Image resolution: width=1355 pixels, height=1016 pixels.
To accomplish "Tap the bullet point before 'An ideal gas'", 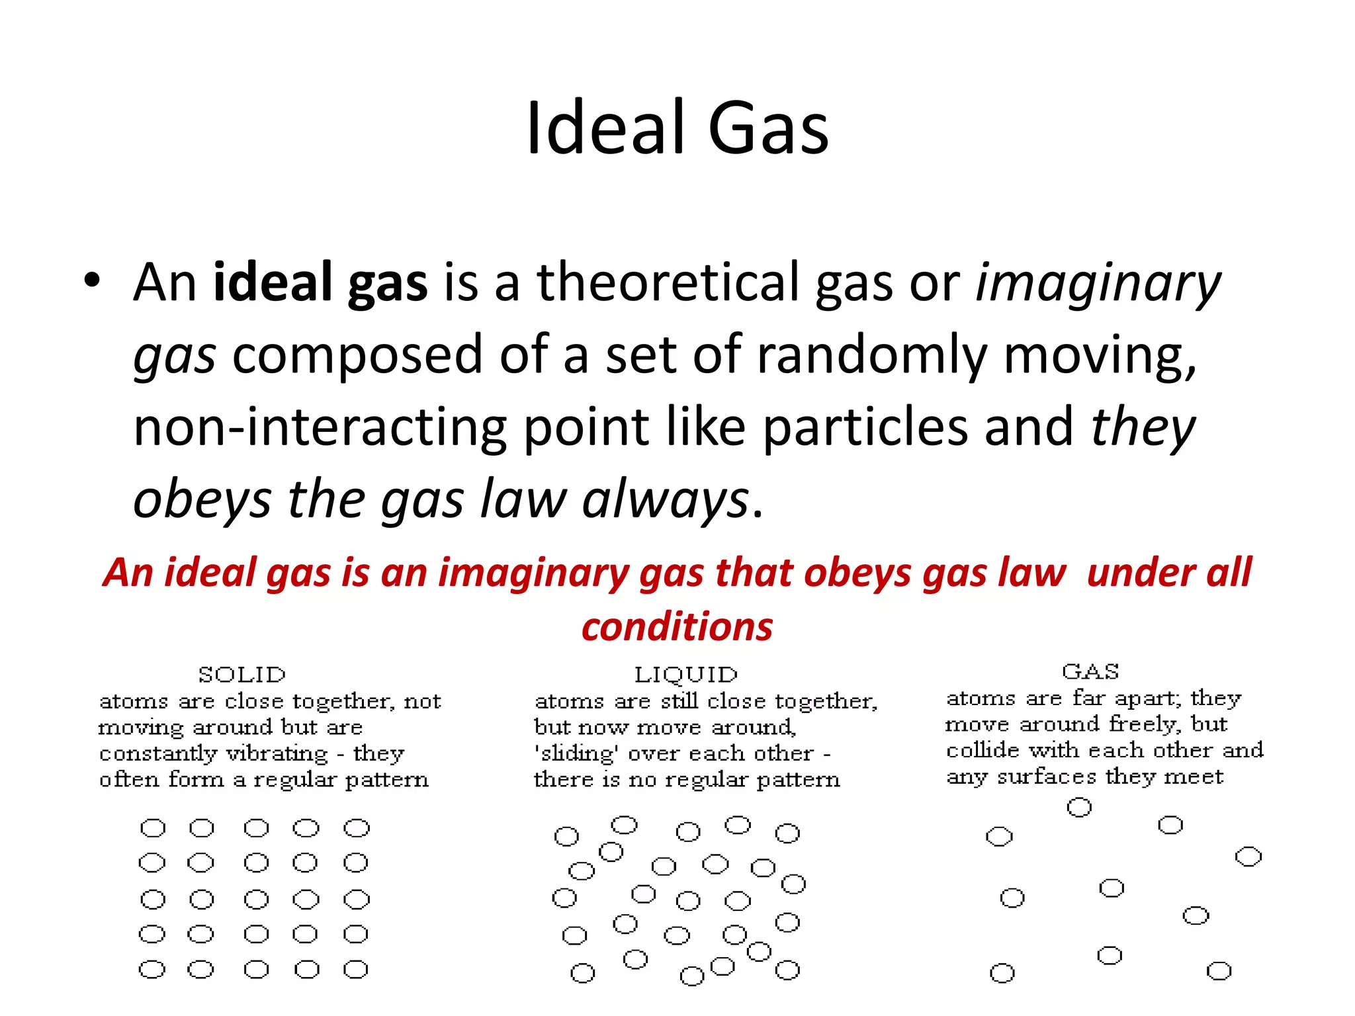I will pyautogui.click(x=92, y=281).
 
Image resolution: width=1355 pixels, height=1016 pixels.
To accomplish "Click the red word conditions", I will pyautogui.click(x=677, y=626).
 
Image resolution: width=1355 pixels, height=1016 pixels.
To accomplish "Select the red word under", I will pyautogui.click(x=1137, y=572).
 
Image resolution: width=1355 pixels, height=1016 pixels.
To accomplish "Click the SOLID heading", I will pyautogui.click(x=242, y=675).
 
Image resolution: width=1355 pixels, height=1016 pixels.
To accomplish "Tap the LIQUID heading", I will pyautogui.click(x=685, y=675).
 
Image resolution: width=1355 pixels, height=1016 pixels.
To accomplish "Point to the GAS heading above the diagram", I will pyautogui.click(x=1090, y=672).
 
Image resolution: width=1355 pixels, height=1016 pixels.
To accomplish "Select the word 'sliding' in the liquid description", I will pyautogui.click(x=575, y=753).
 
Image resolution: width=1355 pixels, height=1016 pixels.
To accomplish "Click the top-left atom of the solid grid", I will pyautogui.click(x=153, y=828).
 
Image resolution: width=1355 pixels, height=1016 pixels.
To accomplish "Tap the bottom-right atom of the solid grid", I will pyautogui.click(x=356, y=970).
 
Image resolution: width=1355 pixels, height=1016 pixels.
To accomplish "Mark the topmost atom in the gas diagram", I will pyautogui.click(x=1079, y=808).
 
